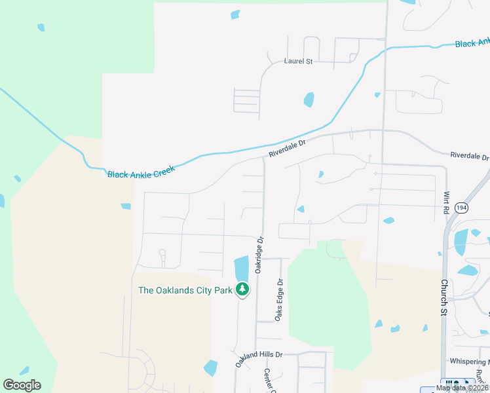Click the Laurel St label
tap(298, 61)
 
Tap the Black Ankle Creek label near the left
tap(141, 174)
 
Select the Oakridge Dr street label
tap(259, 255)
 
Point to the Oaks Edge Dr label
tap(279, 300)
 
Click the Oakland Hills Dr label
tap(259, 359)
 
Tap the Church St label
tap(443, 297)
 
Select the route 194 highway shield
tap(462, 207)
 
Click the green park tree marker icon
tap(242, 289)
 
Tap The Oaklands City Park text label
tap(185, 290)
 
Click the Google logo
tap(22, 384)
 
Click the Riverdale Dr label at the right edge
tap(469, 157)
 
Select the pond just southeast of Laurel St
tap(309, 100)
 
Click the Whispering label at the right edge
tap(470, 361)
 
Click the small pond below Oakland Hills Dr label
tap(210, 368)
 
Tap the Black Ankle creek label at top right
tap(472, 43)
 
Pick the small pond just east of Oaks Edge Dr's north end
tap(301, 210)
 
